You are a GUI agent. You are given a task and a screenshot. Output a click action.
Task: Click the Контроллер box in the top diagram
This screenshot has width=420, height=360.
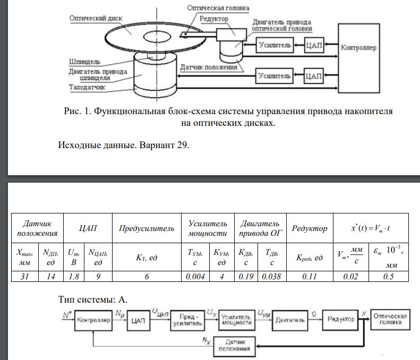(x=359, y=48)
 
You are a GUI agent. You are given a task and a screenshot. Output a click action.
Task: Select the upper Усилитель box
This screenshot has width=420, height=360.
(x=275, y=46)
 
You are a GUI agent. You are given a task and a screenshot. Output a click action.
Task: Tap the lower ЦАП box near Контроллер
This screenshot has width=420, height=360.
(x=314, y=76)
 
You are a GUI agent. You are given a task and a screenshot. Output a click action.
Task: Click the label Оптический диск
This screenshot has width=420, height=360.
(x=96, y=18)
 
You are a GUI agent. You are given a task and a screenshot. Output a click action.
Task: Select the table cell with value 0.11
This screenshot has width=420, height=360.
(x=310, y=276)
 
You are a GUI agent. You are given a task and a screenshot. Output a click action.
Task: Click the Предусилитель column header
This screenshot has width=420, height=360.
(x=147, y=229)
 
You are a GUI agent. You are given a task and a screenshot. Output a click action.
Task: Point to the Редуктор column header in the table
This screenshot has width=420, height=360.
(x=309, y=229)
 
